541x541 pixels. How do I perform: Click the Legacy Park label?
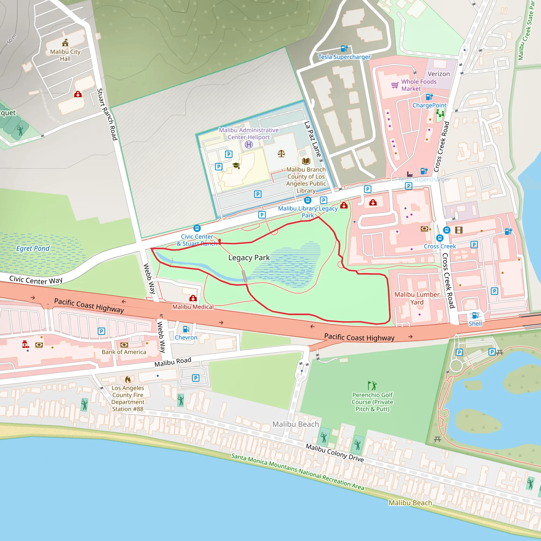pyautogui.click(x=249, y=258)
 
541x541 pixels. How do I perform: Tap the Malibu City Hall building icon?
pyautogui.click(x=65, y=43)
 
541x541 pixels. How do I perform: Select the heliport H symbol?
pyautogui.click(x=249, y=144)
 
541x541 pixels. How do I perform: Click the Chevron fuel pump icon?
pyautogui.click(x=186, y=329)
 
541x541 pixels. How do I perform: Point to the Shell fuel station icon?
pyautogui.click(x=475, y=315)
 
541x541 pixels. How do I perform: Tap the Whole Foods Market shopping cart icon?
pyautogui.click(x=395, y=85)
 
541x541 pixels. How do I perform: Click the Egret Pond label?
pyautogui.click(x=33, y=248)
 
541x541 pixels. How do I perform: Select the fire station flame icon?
pyautogui.click(x=128, y=379)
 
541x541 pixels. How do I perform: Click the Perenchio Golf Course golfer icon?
pyautogui.click(x=372, y=386)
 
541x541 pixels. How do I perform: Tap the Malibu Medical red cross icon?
pyautogui.click(x=193, y=298)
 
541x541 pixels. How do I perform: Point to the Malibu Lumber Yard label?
pyautogui.click(x=417, y=298)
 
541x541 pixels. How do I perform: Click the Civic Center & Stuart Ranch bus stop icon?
pyautogui.click(x=197, y=228)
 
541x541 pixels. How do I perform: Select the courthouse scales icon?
pyautogui.click(x=281, y=153)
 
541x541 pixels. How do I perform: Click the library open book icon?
pyautogui.click(x=306, y=161)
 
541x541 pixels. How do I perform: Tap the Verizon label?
pyautogui.click(x=439, y=74)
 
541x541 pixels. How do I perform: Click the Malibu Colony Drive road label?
pyautogui.click(x=334, y=453)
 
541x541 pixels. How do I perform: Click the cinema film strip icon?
pyautogui.click(x=459, y=230)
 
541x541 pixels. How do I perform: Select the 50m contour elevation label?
pyautogui.click(x=12, y=39)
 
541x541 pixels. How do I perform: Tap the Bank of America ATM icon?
pyautogui.click(x=124, y=345)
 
